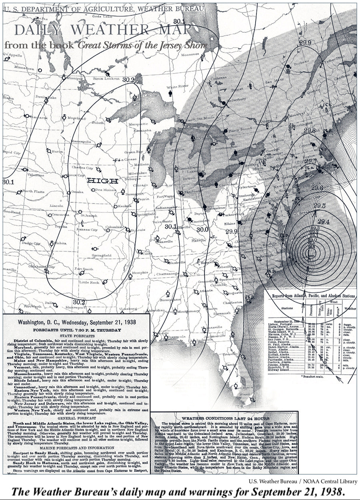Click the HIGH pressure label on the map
(x=102, y=181)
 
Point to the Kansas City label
(x=88, y=230)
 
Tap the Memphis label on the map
(x=140, y=273)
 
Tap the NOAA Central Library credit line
(x=302, y=481)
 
